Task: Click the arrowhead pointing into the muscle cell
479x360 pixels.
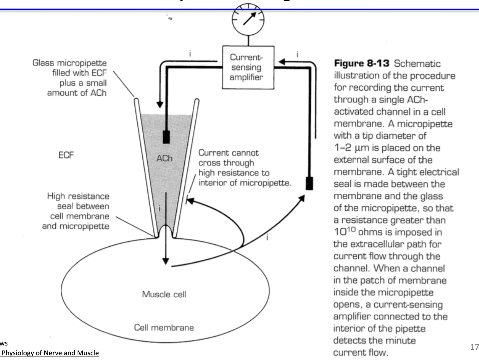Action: (x=165, y=261)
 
